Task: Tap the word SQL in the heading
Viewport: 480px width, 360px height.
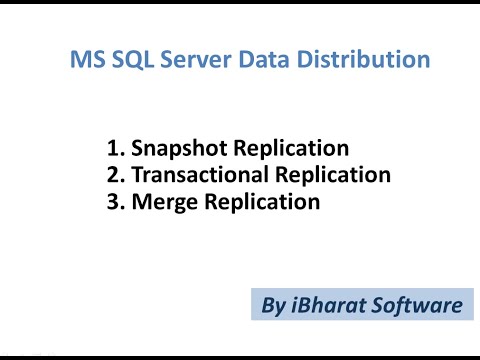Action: point(129,61)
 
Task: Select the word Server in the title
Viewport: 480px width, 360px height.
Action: point(191,61)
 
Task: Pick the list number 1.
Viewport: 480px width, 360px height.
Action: point(113,149)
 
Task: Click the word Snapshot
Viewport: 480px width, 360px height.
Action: point(175,150)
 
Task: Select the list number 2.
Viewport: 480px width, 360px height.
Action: point(113,176)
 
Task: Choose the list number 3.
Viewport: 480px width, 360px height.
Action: point(113,203)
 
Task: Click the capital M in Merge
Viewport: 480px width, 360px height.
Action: point(138,203)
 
